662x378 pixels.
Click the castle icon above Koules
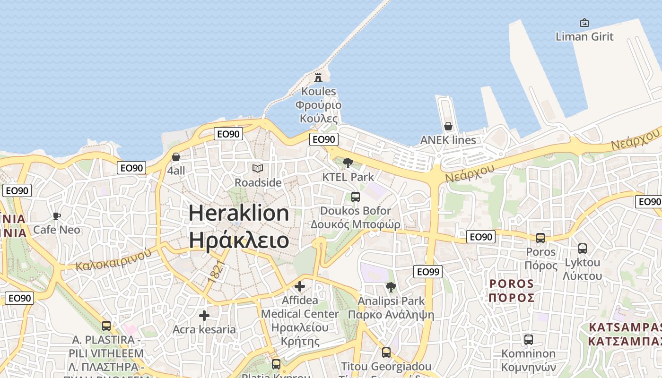coord(318,77)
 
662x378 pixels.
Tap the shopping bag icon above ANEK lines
coord(448,126)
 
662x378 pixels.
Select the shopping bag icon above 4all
coord(176,156)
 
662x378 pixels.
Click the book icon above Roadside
coord(258,168)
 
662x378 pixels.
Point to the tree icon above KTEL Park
coord(348,163)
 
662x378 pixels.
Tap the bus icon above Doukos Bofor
coord(355,197)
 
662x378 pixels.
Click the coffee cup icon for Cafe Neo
coord(57,216)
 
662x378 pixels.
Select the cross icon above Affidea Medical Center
coord(300,286)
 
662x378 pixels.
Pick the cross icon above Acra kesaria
coord(204,315)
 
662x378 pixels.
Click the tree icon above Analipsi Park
coord(391,287)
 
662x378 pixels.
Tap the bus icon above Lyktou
coord(583,248)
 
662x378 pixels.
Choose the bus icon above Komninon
coord(529,339)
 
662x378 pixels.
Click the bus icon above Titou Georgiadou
coord(386,352)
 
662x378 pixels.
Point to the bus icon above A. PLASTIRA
coord(106,326)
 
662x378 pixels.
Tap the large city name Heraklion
coord(239,213)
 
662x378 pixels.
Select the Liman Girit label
coord(584,36)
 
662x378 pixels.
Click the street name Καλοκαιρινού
coord(113,258)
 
